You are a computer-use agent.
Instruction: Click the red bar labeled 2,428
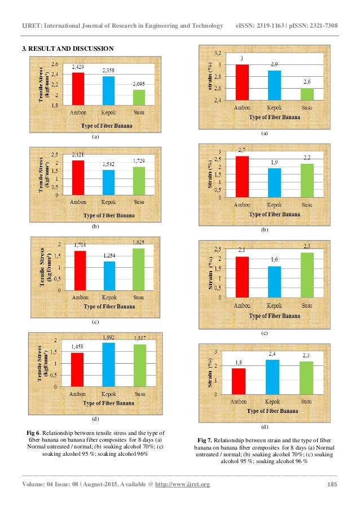78,89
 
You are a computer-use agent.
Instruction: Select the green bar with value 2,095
138,97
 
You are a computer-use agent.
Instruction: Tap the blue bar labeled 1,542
108,182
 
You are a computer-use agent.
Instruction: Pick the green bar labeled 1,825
138,269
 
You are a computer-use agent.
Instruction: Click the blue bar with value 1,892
108,364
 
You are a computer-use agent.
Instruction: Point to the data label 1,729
138,162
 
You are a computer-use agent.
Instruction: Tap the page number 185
332,484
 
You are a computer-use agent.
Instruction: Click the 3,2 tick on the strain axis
217,53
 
